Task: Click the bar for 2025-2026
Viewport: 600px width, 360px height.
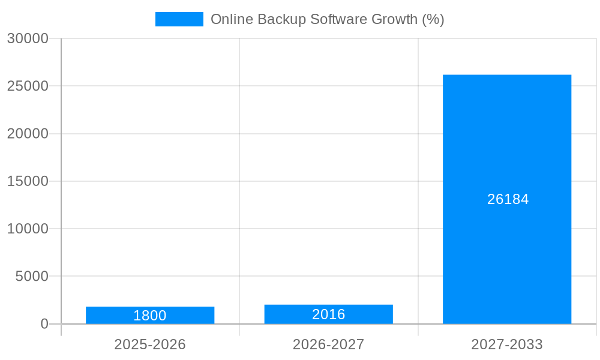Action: (150, 315)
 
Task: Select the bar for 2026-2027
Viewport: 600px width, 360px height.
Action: (328, 314)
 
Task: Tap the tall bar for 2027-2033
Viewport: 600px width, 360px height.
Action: (507, 199)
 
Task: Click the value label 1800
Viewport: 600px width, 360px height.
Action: (150, 316)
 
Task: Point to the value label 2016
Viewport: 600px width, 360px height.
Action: (328, 314)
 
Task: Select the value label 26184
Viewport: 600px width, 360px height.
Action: (508, 199)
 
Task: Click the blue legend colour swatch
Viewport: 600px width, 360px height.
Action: (179, 19)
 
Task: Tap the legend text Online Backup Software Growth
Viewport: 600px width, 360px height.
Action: (327, 19)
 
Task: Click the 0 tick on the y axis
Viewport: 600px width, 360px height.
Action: (44, 324)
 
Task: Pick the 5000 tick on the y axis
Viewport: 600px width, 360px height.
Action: (31, 277)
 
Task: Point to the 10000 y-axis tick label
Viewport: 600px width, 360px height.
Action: (28, 229)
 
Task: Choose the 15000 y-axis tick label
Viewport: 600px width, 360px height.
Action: (28, 181)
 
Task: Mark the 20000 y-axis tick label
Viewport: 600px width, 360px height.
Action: (28, 134)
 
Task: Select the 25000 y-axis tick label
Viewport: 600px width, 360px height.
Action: (28, 86)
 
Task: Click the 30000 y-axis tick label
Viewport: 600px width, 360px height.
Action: (28, 38)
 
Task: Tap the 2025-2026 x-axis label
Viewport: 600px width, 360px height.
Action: (150, 344)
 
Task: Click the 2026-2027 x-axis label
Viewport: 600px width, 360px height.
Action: (328, 344)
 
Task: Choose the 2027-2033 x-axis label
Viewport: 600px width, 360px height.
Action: (507, 344)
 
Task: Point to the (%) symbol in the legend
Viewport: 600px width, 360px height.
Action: (433, 19)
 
